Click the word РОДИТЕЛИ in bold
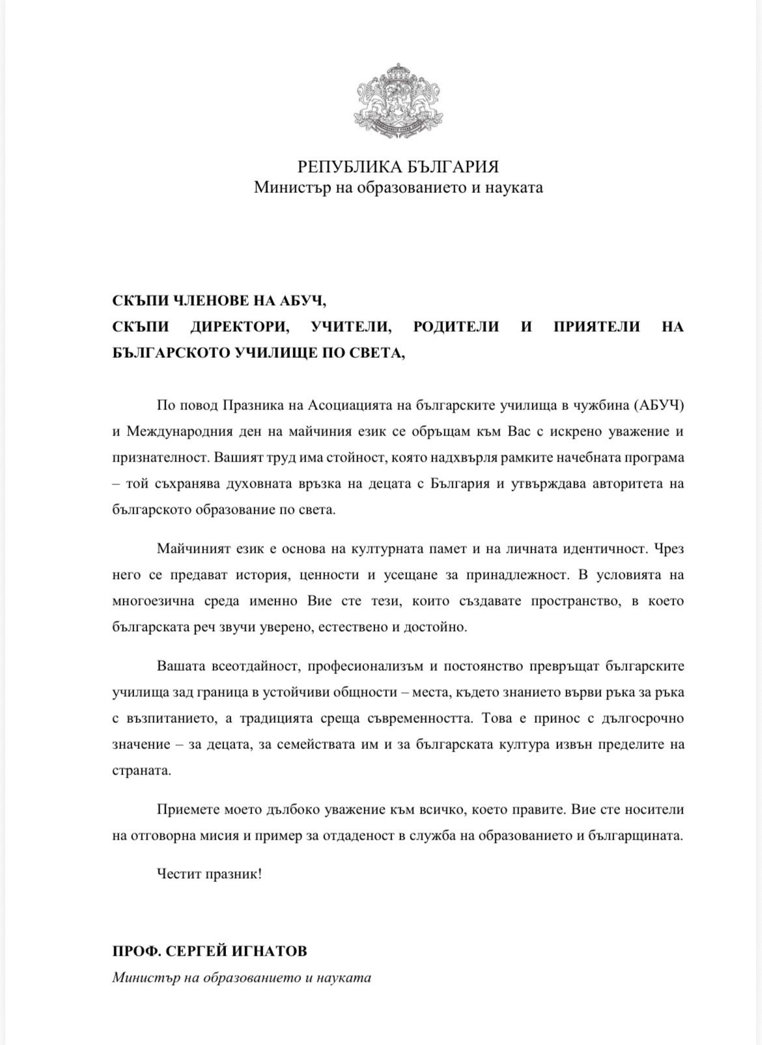457,327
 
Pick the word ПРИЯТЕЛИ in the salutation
597,327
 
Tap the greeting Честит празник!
209,874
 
